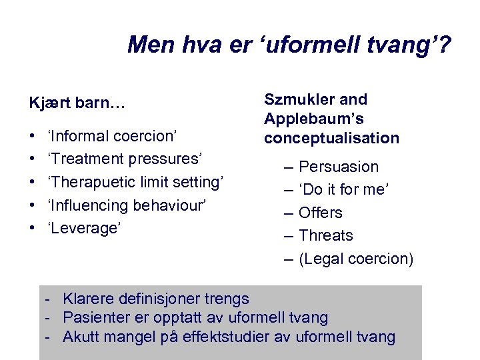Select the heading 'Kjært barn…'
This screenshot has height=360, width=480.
pos(77,105)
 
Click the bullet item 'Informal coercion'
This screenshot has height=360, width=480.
pos(112,136)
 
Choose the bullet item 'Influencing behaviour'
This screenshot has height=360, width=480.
pos(129,205)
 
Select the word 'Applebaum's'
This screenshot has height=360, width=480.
pos(313,119)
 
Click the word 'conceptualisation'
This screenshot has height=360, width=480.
pos(331,139)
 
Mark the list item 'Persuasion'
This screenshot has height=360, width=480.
pos(339,167)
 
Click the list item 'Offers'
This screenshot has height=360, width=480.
pos(321,213)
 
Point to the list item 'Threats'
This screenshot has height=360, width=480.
pos(326,235)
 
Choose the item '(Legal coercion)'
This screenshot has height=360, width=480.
pos(356,259)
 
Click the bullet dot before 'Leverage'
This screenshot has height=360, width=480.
pos(33,227)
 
